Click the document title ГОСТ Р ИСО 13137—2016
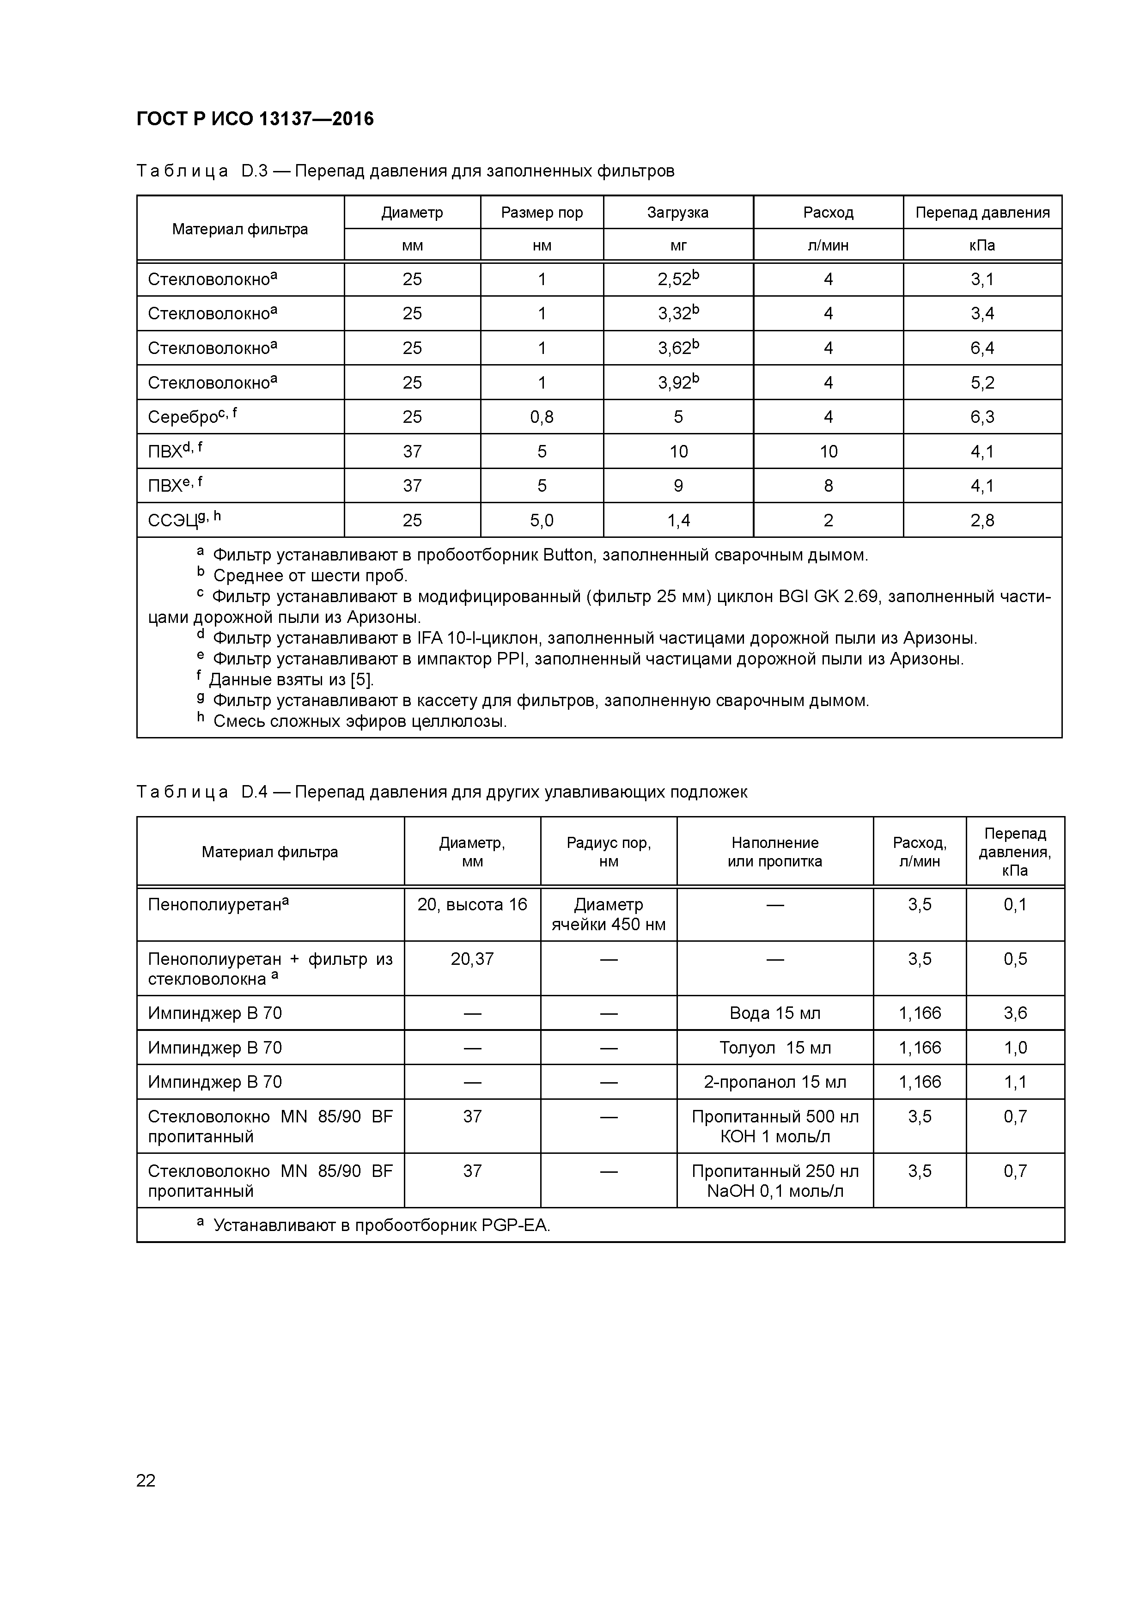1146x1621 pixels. tap(255, 119)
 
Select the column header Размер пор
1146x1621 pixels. tap(542, 213)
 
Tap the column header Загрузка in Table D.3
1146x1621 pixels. tap(678, 213)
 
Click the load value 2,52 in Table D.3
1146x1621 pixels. tap(674, 280)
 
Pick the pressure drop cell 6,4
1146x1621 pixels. tap(982, 348)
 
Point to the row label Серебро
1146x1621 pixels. tap(183, 417)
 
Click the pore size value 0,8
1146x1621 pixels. tap(542, 417)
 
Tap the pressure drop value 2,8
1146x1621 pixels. tap(982, 521)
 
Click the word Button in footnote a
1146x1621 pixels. tap(568, 555)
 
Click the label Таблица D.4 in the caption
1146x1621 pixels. tap(202, 792)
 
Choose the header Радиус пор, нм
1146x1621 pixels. tap(609, 852)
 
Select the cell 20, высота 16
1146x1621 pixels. tap(472, 905)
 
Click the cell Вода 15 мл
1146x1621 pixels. tap(774, 1014)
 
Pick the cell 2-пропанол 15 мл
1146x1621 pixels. tap(774, 1082)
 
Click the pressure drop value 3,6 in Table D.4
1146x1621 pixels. tap(1015, 1014)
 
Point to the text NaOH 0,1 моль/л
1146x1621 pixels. tap(774, 1192)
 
